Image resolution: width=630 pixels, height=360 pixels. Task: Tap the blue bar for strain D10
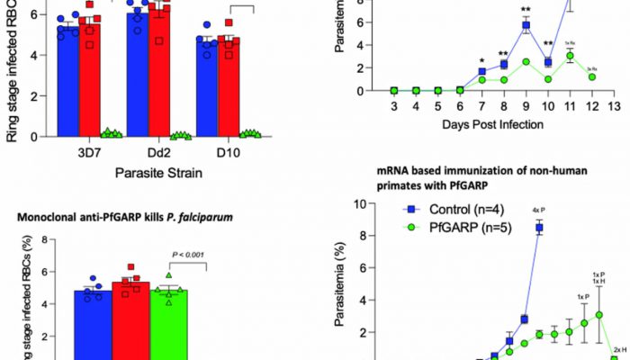[x=206, y=94]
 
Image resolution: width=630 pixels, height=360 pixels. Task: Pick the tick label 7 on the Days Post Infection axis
[x=481, y=107]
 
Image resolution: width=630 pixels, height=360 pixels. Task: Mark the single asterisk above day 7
[x=481, y=60]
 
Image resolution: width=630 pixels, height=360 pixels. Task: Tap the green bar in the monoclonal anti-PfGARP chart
[x=169, y=324]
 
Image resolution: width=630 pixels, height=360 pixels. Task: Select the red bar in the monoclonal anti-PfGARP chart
[x=130, y=319]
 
